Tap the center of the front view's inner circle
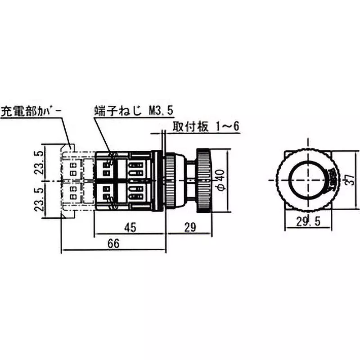tap(306, 180)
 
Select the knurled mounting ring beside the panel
tap(170, 180)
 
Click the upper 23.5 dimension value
tap(40, 162)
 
